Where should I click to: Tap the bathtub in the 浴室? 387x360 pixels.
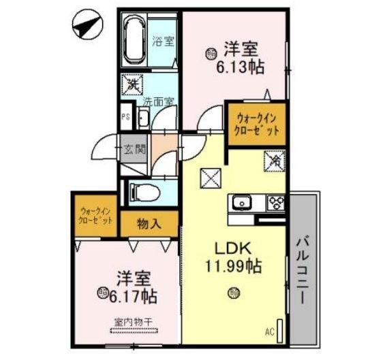[x=134, y=41]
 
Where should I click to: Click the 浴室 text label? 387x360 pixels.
[x=164, y=41]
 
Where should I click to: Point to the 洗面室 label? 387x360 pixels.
[x=158, y=101]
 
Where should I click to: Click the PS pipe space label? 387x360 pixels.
[x=125, y=117]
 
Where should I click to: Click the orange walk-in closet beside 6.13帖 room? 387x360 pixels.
[x=256, y=123]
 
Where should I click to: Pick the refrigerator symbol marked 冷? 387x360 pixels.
[x=275, y=162]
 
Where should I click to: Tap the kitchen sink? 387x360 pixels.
[x=243, y=202]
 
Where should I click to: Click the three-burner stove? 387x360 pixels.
[x=276, y=202]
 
